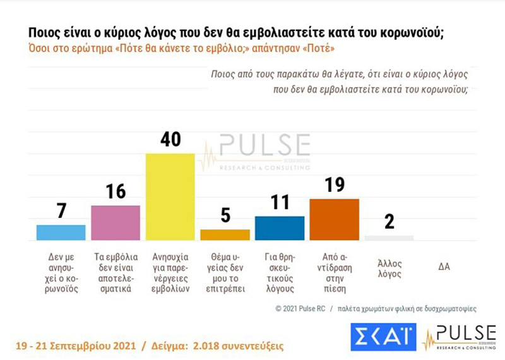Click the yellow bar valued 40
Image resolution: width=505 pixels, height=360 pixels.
point(170,196)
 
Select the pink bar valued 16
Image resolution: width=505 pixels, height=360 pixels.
point(116,223)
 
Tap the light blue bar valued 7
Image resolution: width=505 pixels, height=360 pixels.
point(61,232)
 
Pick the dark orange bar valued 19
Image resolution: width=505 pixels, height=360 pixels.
point(335,220)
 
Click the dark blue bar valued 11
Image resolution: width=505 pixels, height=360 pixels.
point(280,228)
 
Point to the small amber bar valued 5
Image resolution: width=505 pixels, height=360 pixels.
point(225,234)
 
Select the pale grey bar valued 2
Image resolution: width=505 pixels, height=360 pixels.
point(389,238)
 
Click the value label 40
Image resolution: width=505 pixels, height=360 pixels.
point(170,139)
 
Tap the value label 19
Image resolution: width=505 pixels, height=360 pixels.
point(335,184)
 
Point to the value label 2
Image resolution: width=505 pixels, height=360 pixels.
point(389,222)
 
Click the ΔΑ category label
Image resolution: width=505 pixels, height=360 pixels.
point(444,267)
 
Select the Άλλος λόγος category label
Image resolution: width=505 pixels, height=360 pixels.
point(389,268)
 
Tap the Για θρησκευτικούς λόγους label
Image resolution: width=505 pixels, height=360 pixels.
point(280,273)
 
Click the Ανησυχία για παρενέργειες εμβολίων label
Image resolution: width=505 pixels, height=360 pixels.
point(170,273)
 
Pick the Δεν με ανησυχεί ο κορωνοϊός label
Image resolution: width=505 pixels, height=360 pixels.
point(61,273)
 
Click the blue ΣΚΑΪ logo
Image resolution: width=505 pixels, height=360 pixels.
point(383,337)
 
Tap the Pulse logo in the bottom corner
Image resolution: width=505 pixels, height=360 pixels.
point(460,337)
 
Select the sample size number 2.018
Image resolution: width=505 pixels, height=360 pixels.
point(205,346)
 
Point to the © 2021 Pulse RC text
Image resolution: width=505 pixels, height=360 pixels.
point(300,308)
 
